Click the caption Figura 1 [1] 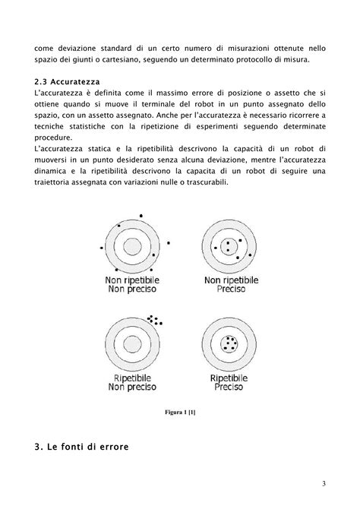tap(180, 413)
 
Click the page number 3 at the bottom tap(323, 484)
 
